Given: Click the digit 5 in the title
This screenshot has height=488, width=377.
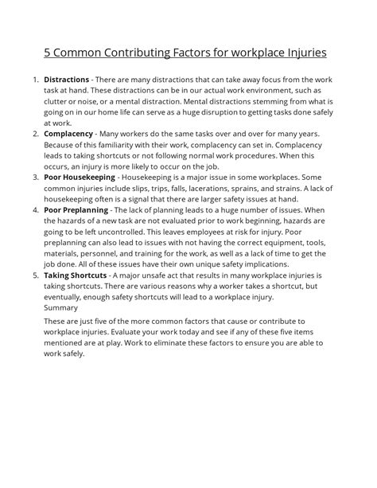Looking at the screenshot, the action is [x=48, y=53].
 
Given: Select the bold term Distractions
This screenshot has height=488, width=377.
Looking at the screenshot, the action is [x=67, y=80].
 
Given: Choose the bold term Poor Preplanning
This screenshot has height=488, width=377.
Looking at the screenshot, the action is [x=76, y=210].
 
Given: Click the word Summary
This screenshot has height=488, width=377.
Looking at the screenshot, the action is [x=61, y=306].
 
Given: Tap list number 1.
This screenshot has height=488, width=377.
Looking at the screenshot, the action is [x=34, y=80].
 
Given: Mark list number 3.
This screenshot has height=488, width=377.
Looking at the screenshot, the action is [x=34, y=175].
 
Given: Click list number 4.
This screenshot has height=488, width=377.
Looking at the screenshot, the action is [x=34, y=210].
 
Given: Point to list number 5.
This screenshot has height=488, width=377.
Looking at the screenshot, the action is [x=34, y=275].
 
